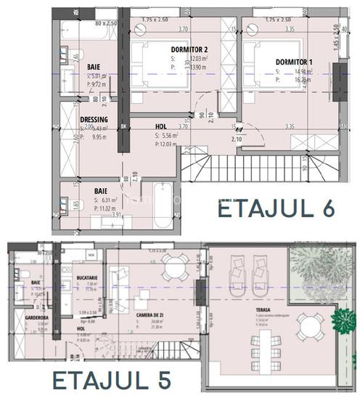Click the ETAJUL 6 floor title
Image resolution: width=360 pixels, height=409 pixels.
click(276, 208)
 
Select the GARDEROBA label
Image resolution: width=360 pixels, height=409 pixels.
click(36, 317)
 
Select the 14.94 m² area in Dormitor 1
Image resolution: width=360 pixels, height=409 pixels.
click(300, 72)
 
